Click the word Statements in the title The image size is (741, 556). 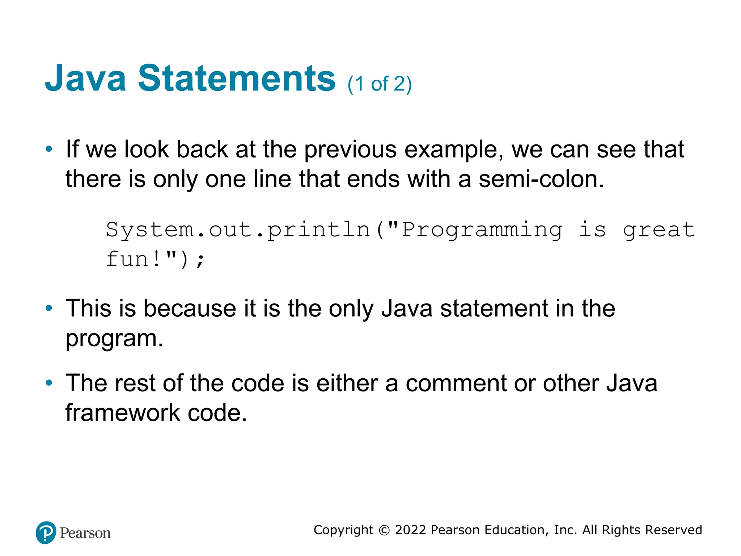[237, 78]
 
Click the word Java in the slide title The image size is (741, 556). [85, 78]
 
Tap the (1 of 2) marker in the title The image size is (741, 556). [380, 84]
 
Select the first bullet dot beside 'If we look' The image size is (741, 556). [49, 149]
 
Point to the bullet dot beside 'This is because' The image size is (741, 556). [49, 308]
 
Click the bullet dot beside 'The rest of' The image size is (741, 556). [49, 383]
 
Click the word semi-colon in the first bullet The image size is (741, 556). [541, 179]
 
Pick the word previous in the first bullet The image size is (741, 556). [350, 149]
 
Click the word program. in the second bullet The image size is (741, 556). [114, 338]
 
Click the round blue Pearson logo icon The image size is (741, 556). [46, 532]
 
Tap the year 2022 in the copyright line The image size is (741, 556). [410, 530]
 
